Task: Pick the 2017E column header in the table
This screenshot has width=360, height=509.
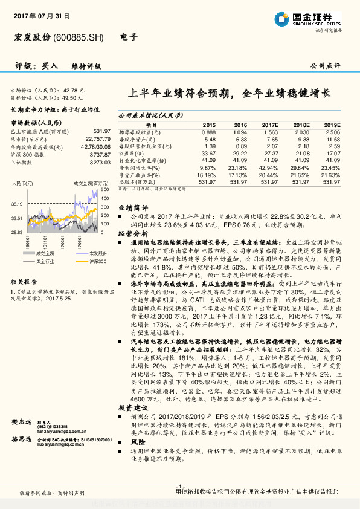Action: click(x=269, y=125)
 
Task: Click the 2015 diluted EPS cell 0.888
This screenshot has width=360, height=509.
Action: click(x=208, y=131)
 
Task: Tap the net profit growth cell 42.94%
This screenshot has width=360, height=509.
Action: click(x=269, y=167)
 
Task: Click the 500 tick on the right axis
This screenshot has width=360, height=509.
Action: click(x=104, y=190)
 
